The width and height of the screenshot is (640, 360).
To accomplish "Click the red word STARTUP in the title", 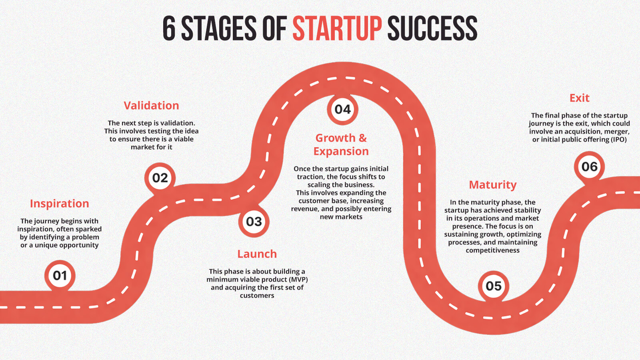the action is point(337,28).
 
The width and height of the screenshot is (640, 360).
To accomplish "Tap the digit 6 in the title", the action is point(169,28).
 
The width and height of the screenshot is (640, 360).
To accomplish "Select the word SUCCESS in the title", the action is point(432,28).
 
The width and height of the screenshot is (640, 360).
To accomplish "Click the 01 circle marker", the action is point(60,276).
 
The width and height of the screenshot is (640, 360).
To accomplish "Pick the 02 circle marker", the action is point(160,178).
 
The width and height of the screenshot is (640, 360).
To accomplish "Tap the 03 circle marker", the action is point(254,222).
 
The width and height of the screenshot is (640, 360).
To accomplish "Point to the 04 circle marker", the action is point(342,110).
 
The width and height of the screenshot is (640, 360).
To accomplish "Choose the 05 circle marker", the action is point(494,286).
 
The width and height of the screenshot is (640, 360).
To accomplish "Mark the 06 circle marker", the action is point(590,166).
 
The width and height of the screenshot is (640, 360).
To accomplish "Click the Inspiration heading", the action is point(60,204).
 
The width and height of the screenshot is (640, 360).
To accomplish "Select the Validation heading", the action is point(152,106).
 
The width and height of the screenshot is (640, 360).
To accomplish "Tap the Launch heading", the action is point(257,254).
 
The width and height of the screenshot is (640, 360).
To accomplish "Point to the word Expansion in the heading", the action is point(341,152).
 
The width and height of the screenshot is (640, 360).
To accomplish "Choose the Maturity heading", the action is point(493,185).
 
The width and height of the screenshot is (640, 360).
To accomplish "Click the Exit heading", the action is point(580,98).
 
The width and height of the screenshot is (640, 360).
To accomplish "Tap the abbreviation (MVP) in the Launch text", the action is point(298,280).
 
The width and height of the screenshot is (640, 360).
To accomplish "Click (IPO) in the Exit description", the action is point(618,140).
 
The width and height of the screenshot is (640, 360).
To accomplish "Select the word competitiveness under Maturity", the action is point(492,250).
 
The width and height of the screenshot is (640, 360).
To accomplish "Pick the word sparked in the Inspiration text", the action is point(89,229).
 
